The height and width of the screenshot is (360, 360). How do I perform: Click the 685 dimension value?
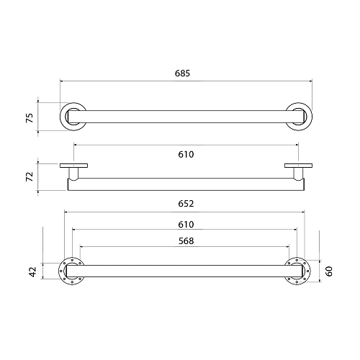tap(182, 73)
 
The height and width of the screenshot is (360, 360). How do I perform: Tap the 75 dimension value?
tap(30, 118)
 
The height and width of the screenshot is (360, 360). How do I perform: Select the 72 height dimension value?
tap(30, 176)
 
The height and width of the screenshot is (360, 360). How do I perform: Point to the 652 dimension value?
tap(186, 204)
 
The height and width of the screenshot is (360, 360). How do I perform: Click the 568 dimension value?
tap(186, 241)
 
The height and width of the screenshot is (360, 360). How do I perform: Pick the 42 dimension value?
tap(32, 271)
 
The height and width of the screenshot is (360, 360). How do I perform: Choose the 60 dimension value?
tap(329, 271)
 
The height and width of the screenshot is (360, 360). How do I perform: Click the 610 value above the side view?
tap(186, 155)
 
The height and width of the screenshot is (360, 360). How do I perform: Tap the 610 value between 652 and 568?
tap(186, 225)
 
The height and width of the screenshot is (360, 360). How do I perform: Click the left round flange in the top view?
tap(61, 117)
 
